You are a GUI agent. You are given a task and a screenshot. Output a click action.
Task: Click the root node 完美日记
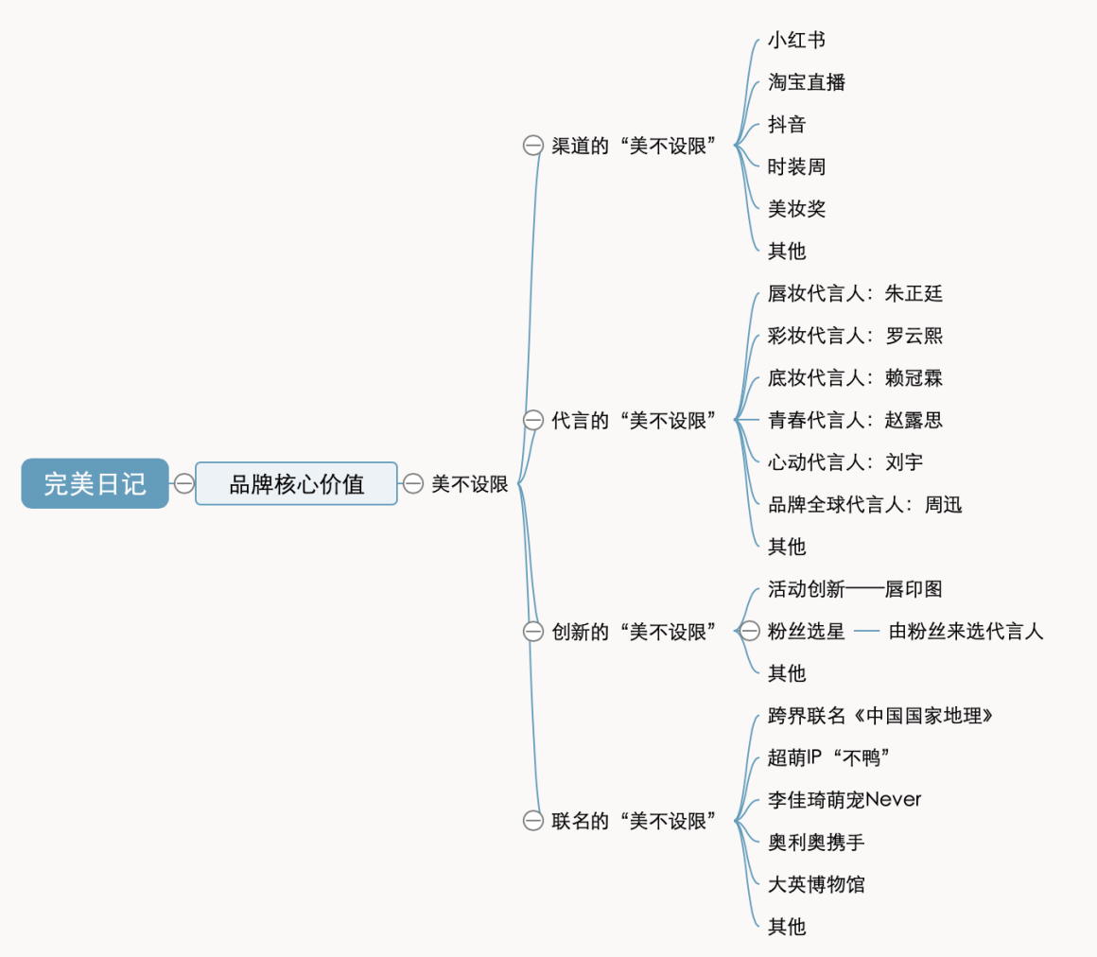coord(96,483)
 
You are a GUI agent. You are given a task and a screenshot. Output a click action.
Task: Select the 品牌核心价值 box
coord(297,483)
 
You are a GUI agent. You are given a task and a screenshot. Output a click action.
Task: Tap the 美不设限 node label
coord(469,483)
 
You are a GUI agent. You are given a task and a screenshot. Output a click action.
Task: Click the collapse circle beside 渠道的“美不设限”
coord(533,146)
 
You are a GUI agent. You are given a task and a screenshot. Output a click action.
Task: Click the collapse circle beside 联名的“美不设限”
coord(533,821)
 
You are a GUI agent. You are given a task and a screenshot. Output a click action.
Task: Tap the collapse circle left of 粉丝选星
coord(749,631)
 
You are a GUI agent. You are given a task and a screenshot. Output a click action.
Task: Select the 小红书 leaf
coord(796,40)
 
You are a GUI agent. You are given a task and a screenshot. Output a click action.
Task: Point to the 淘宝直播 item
coord(806,82)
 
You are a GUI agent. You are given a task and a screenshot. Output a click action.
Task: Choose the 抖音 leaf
coord(787,125)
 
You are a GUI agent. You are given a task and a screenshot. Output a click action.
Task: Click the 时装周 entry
coord(796,166)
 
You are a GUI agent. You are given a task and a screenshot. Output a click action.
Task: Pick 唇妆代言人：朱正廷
coord(855,293)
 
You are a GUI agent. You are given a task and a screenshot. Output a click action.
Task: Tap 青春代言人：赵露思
coord(855,420)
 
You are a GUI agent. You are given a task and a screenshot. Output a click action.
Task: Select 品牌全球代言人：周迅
coord(864,504)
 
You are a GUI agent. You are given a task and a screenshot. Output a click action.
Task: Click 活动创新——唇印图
coord(855,589)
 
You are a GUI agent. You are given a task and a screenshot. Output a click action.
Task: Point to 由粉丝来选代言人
coord(966,631)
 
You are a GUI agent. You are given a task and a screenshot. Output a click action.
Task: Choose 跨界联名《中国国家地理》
coord(880,716)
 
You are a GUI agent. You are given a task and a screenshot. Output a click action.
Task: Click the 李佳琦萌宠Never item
coord(845,800)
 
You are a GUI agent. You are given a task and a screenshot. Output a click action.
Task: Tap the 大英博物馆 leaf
coord(816,884)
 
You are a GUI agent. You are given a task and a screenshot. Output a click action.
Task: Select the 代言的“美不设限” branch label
coord(634,421)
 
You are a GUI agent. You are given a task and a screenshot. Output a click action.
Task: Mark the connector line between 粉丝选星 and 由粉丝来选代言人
coord(867,631)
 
